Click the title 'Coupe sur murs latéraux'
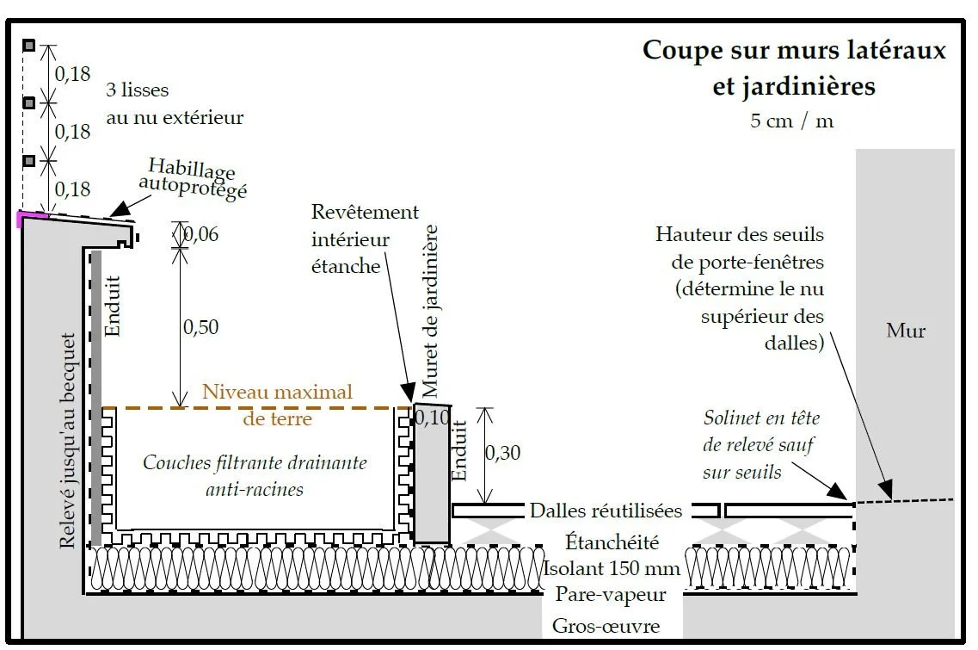point(794,49)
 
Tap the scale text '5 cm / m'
point(791,121)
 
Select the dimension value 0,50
point(200,327)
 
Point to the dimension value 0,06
point(201,234)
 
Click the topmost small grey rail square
point(28,45)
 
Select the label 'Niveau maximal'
point(277,393)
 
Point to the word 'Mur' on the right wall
point(906,331)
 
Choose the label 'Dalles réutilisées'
point(606,511)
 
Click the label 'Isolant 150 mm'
point(612,569)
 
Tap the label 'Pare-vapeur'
point(611,595)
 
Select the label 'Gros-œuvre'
point(606,626)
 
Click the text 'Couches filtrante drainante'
point(255,463)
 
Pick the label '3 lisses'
point(138,90)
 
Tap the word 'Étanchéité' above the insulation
point(612,542)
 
